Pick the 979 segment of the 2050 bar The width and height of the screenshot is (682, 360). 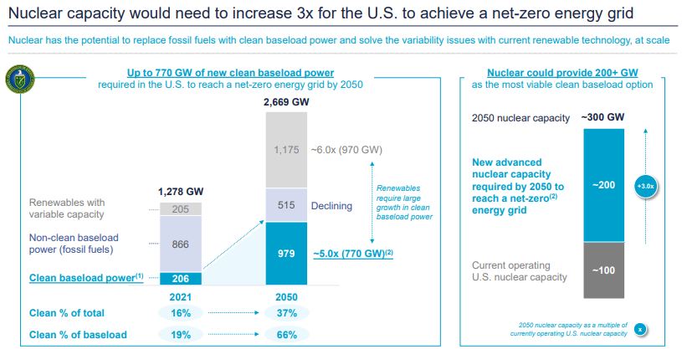pos(287,254)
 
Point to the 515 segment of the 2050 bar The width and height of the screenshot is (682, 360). pos(287,205)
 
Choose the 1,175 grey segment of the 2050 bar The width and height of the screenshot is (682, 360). pos(287,149)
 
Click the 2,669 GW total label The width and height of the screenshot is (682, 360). pos(287,102)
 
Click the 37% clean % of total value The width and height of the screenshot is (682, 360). pos(287,313)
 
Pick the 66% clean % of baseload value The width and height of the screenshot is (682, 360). pos(287,335)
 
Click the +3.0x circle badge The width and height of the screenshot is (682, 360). pos(644,186)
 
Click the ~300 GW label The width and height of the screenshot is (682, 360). pos(603,117)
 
